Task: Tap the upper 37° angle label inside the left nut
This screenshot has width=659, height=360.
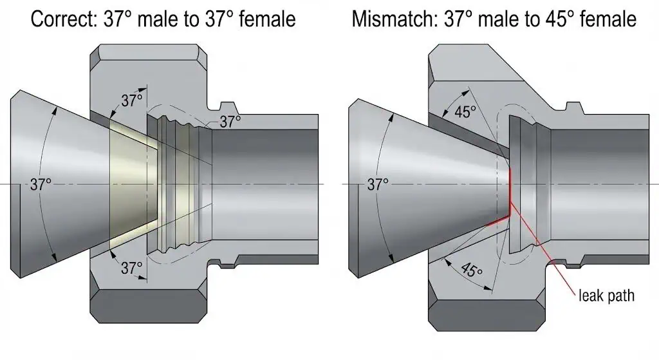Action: (131, 100)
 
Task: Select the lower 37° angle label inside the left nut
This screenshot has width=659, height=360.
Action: (131, 267)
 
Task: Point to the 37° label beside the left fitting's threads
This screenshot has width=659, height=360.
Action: (230, 120)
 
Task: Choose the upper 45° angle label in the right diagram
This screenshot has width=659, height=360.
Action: (465, 111)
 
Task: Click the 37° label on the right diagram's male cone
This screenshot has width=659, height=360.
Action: (378, 184)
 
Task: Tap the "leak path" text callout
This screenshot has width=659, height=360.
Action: (606, 296)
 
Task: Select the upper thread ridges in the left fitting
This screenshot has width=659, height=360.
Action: (180, 119)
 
